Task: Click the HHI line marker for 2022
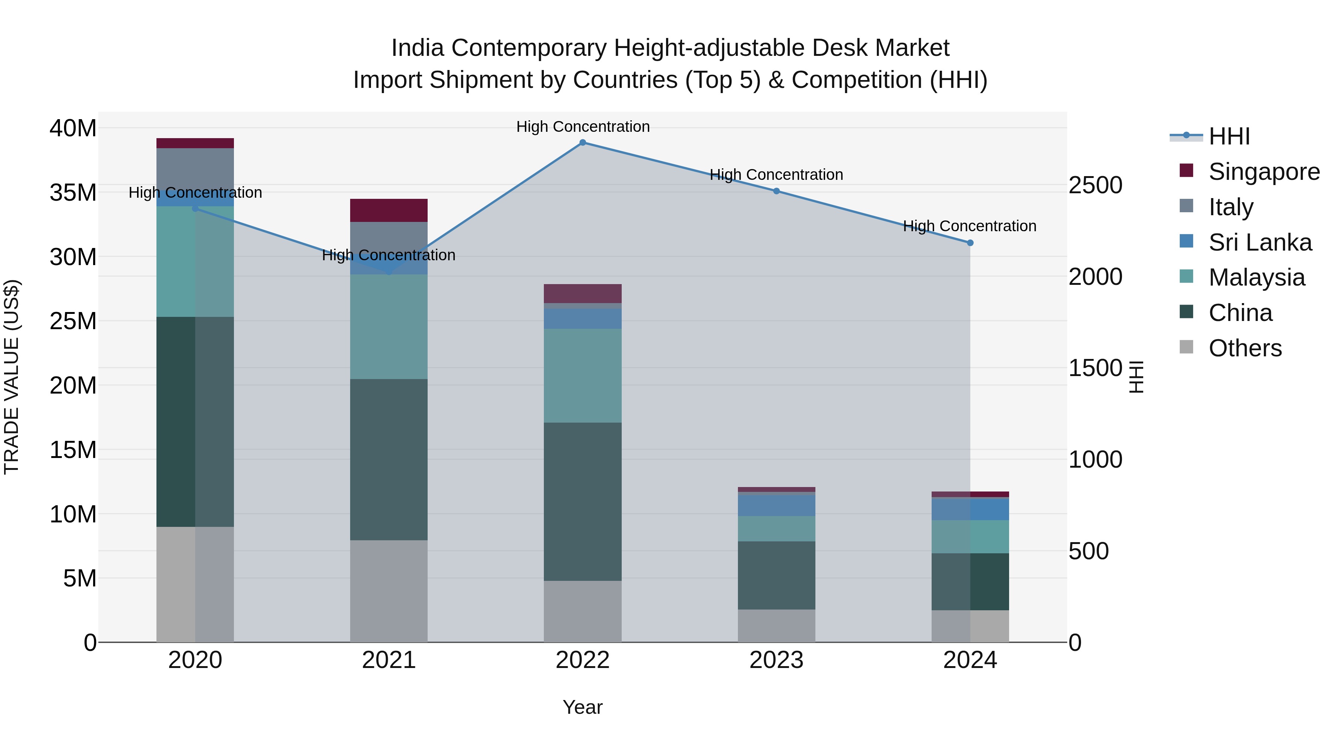point(583,143)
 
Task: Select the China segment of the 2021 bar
point(389,459)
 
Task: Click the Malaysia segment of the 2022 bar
point(583,375)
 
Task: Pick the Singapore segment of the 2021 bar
point(389,210)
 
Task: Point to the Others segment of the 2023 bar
point(776,626)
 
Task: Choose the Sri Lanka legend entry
point(1260,242)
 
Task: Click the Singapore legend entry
point(1264,172)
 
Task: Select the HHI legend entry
point(1229,136)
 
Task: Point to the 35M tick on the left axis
point(73,193)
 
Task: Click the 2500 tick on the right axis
point(1095,185)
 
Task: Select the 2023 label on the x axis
point(776,660)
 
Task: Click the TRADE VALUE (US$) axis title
point(12,377)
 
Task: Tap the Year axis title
point(583,707)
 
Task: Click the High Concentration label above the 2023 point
point(776,175)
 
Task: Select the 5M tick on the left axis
point(80,578)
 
